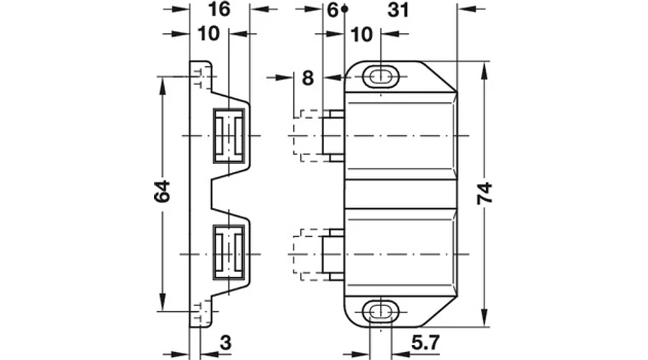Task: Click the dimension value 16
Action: pyautogui.click(x=219, y=9)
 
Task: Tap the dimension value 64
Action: pyautogui.click(x=162, y=191)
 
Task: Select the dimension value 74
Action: pyautogui.click(x=485, y=193)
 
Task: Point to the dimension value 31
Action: pyautogui.click(x=398, y=10)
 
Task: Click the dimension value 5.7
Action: pyautogui.click(x=426, y=343)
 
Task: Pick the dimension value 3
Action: pyautogui.click(x=225, y=343)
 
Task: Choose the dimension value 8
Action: pyautogui.click(x=308, y=78)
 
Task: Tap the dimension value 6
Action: pyautogui.click(x=332, y=10)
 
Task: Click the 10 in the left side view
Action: pyautogui.click(x=209, y=34)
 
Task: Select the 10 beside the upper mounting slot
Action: pyautogui.click(x=361, y=35)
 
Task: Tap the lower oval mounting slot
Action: pyautogui.click(x=380, y=312)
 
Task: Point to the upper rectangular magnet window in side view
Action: pyautogui.click(x=228, y=135)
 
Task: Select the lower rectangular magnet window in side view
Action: pyautogui.click(x=228, y=252)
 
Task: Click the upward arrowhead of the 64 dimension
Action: pyautogui.click(x=162, y=84)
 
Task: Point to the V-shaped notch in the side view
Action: pyautogui.click(x=219, y=194)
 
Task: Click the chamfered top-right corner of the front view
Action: pyautogui.click(x=440, y=76)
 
